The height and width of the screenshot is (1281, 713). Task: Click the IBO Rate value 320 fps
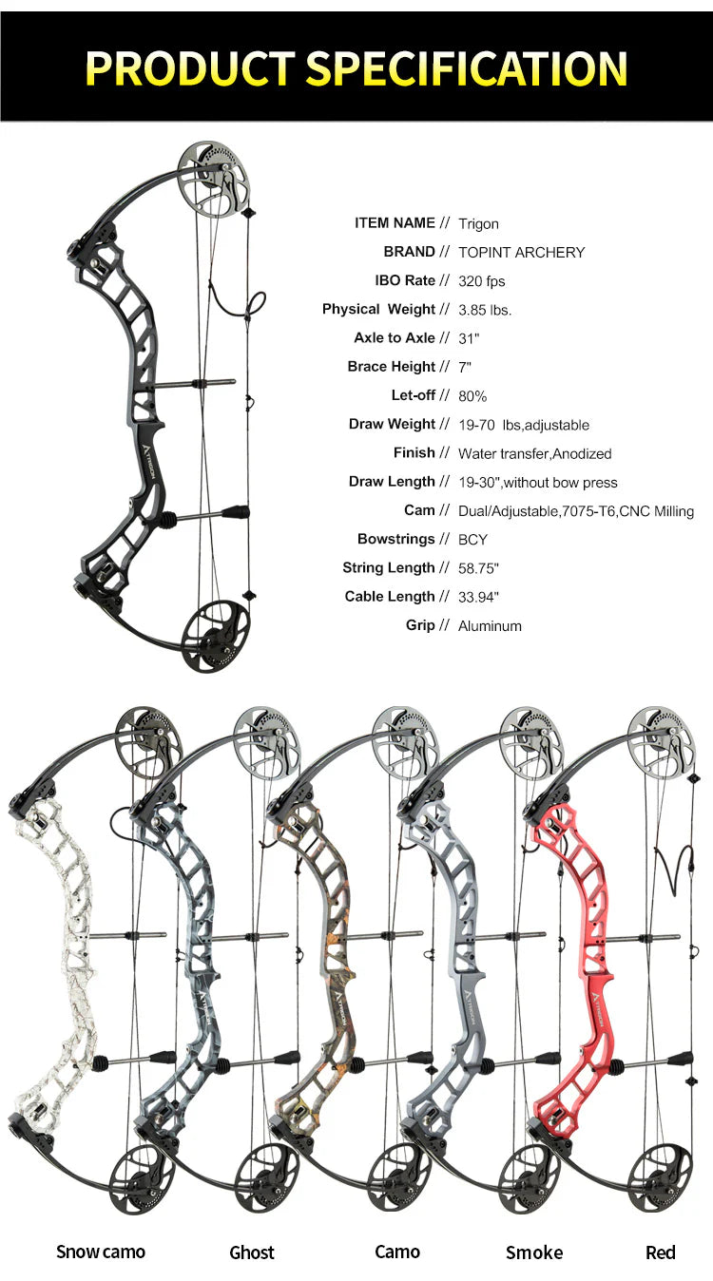(481, 281)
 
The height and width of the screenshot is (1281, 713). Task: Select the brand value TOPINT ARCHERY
(521, 253)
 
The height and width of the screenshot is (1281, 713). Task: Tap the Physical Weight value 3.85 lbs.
(485, 310)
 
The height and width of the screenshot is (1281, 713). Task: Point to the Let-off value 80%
(472, 396)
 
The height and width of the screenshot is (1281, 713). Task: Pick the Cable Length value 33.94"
(479, 597)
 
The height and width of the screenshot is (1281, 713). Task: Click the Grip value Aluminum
(490, 626)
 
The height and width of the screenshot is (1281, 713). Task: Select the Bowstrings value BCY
(472, 540)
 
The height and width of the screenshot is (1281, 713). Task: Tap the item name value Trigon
(478, 224)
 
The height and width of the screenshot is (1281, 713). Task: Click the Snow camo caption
(101, 1252)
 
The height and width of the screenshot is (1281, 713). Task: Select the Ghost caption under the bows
(252, 1252)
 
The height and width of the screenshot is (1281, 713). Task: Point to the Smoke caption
(534, 1252)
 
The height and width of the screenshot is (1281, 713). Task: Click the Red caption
(661, 1252)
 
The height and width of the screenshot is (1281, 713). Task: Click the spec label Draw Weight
(392, 425)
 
